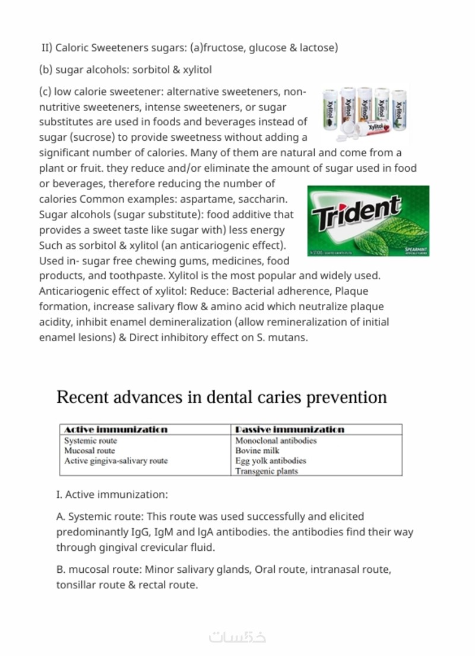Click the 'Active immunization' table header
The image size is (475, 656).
[115, 429]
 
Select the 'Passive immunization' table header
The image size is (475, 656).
[289, 429]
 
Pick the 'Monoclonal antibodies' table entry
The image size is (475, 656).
[275, 441]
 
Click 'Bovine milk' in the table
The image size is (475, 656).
[257, 450]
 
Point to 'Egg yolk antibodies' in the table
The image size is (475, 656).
[271, 461]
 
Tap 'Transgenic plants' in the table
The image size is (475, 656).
[267, 471]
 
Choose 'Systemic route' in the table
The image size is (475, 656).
[90, 441]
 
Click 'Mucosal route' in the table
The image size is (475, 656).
[90, 450]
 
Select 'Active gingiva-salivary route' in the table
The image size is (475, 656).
[116, 461]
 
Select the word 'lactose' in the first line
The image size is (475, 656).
[317, 48]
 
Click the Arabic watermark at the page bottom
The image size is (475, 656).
[237, 637]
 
